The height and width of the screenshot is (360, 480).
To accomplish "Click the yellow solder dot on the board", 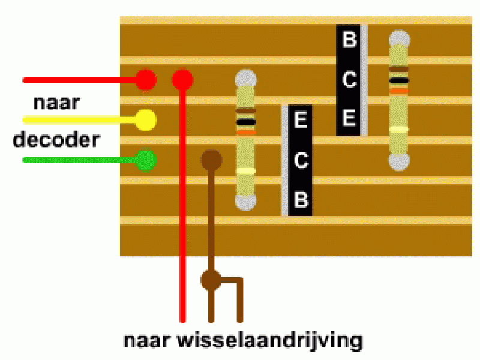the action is (x=146, y=119).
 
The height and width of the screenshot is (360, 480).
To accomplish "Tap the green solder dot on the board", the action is (x=146, y=160).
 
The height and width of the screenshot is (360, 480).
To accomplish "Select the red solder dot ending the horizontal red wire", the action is (x=146, y=80).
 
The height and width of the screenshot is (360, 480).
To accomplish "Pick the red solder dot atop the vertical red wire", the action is (x=182, y=80).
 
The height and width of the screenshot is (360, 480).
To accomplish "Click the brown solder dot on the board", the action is (x=211, y=160).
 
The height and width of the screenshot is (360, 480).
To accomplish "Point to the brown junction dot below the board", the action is (x=211, y=280).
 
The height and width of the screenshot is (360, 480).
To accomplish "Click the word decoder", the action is (x=56, y=140).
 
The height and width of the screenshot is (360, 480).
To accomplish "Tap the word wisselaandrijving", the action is (x=269, y=340).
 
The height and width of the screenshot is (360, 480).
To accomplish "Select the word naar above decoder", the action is (x=56, y=103).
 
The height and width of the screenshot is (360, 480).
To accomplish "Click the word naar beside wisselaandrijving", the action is (x=146, y=340).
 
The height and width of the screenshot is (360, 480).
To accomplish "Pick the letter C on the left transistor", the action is (x=301, y=160).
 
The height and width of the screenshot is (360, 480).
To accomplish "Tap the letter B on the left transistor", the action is (x=301, y=200).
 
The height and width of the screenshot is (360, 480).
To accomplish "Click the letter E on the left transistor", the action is (x=301, y=119).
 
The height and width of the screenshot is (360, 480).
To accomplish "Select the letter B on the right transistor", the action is (x=349, y=39).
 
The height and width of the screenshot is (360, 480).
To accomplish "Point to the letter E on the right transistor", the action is (x=349, y=118).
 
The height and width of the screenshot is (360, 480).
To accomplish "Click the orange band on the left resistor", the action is (x=246, y=133).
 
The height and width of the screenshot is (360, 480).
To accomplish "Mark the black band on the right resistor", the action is (x=399, y=80).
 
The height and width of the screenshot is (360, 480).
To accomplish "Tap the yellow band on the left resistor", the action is (x=246, y=171).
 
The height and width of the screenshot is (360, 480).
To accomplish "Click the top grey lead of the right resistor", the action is (x=399, y=38).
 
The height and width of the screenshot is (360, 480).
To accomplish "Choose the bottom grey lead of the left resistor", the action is (x=246, y=202).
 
